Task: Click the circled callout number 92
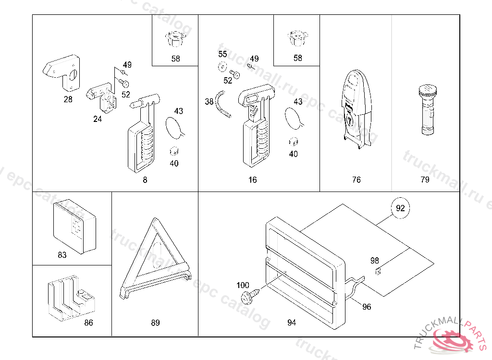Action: click(x=400, y=208)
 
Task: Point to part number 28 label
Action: click(x=68, y=99)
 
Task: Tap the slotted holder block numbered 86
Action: click(x=70, y=298)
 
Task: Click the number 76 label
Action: click(x=356, y=180)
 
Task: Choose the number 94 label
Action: click(x=292, y=323)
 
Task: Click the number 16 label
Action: click(x=253, y=180)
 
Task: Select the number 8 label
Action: click(x=145, y=180)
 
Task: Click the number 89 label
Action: click(x=155, y=323)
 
